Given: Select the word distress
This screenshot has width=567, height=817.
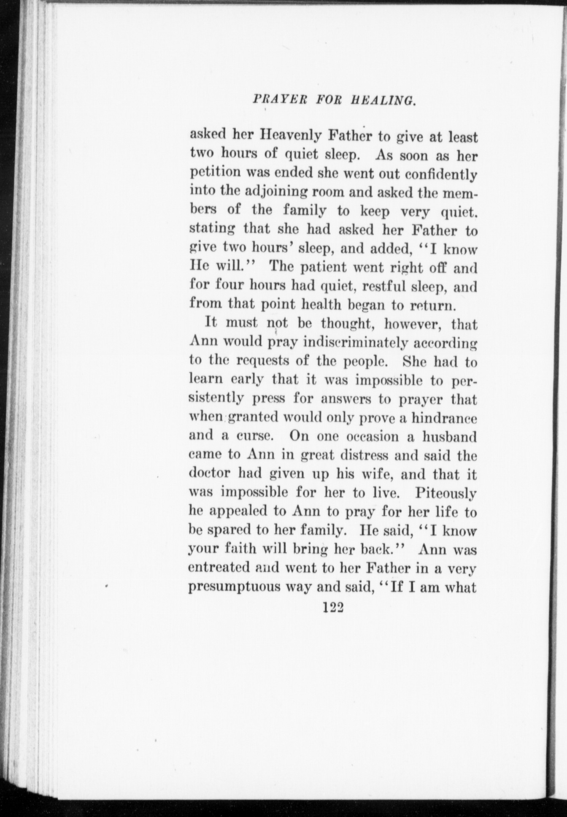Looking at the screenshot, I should [358, 455].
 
